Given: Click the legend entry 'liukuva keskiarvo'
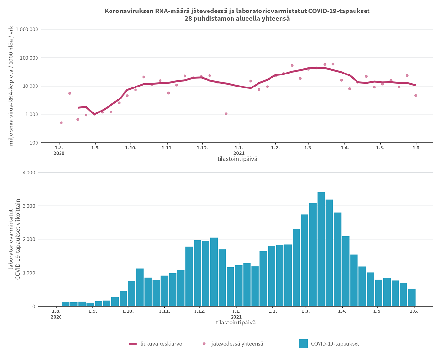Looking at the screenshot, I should [161, 344].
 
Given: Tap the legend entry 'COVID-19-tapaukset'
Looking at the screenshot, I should [334, 344].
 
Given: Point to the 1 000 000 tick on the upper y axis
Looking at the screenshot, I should [27, 30].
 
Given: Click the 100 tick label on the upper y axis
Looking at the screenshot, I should [33, 143].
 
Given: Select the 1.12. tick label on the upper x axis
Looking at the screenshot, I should [202, 148].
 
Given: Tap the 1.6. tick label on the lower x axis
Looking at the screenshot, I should [414, 311].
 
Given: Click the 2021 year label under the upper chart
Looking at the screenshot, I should [239, 153].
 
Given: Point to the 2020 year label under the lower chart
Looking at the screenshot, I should [57, 317].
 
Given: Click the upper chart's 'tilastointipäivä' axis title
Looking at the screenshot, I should [237, 159].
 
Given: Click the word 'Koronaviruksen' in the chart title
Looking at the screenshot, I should [127, 11].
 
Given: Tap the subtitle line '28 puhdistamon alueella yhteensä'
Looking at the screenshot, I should [237, 19].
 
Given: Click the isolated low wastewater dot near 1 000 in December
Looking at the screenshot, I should [226, 114].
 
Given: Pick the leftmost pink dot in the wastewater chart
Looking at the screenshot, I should [61, 123].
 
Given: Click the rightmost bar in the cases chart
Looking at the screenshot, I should [412, 298].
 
